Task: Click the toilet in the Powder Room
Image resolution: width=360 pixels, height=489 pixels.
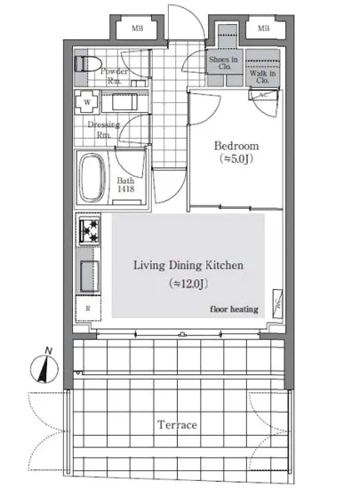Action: [88, 64]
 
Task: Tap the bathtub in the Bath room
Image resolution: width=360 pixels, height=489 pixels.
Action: [92, 178]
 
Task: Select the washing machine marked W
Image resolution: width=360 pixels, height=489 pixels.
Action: [87, 102]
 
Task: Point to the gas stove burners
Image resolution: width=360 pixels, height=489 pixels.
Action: [90, 231]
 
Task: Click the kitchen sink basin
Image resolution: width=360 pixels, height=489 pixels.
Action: [90, 277]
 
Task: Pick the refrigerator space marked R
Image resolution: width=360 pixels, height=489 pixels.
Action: [88, 309]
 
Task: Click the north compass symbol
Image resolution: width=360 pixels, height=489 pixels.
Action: [44, 366]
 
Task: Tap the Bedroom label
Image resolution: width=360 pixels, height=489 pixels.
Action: [236, 146]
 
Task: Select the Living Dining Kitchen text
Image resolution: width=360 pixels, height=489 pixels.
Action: [188, 266]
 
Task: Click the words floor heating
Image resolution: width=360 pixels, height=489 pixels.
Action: [234, 309]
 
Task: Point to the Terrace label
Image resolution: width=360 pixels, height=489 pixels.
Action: [177, 425]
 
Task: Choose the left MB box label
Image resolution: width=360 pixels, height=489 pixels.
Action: [138, 28]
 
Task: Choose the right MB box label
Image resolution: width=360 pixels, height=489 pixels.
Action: [263, 28]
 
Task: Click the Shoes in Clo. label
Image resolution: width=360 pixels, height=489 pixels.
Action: [223, 62]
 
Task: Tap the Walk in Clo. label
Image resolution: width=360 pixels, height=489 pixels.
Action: [263, 76]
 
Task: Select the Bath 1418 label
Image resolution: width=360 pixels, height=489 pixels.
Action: [125, 185]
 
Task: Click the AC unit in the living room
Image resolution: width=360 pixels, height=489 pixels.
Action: [277, 303]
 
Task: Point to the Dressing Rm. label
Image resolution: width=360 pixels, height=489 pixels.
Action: [103, 130]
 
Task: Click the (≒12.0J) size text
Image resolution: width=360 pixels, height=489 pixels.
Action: [188, 284]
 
